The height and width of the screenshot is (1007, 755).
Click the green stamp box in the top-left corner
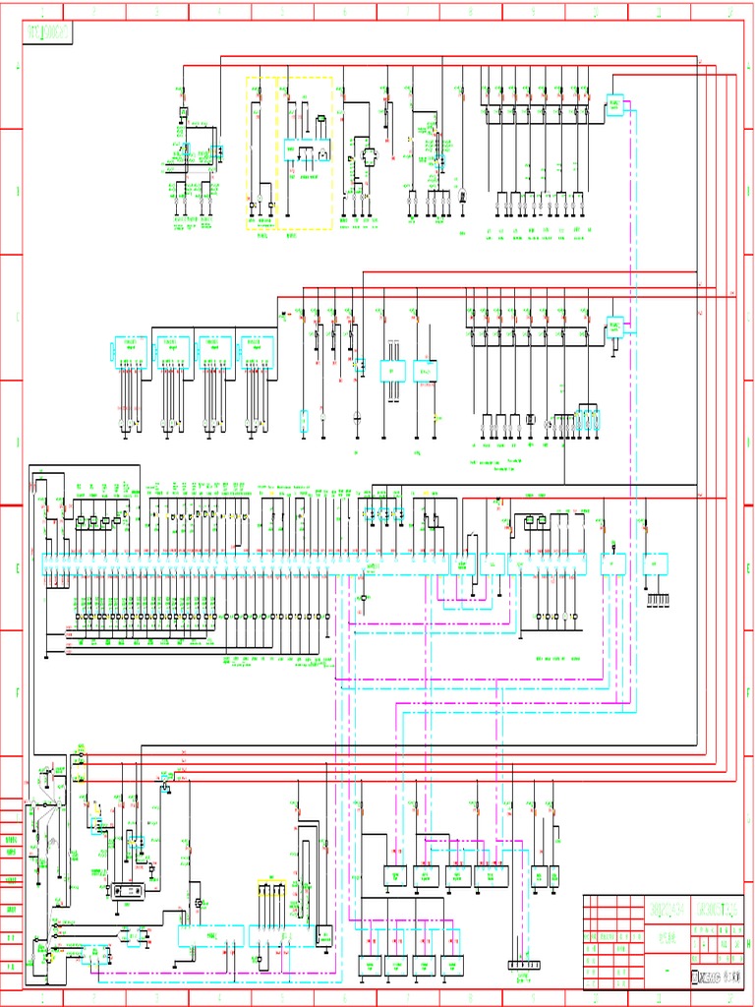49,32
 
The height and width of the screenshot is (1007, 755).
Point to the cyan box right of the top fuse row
615,105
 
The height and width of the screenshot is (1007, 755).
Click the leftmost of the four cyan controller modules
131,348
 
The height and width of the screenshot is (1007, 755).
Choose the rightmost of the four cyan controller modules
258,348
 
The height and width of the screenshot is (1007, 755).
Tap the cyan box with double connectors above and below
393,371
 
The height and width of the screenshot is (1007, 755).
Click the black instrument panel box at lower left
131,890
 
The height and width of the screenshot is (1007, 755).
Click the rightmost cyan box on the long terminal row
656,563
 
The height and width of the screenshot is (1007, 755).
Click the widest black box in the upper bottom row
492,875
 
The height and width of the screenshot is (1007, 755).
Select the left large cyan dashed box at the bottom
210,935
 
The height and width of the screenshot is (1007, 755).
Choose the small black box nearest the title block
554,875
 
